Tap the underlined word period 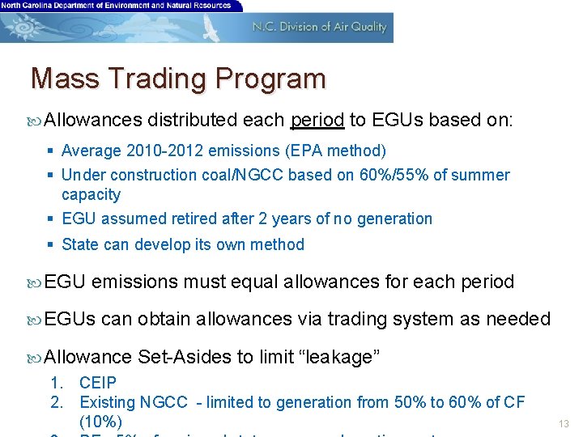tap(317, 121)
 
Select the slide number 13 tap(564, 424)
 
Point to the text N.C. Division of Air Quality tap(320, 27)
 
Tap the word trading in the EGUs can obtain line tap(354, 319)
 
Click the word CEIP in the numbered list tap(98, 383)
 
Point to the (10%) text tap(100, 422)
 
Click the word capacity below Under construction tap(91, 194)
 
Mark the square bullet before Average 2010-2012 tap(50, 151)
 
